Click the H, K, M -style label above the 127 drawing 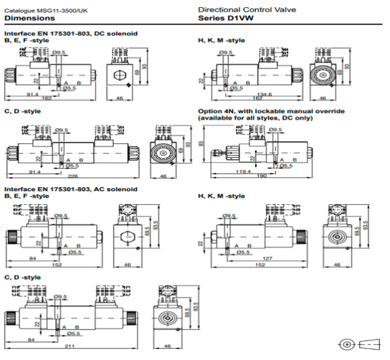(221, 196)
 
